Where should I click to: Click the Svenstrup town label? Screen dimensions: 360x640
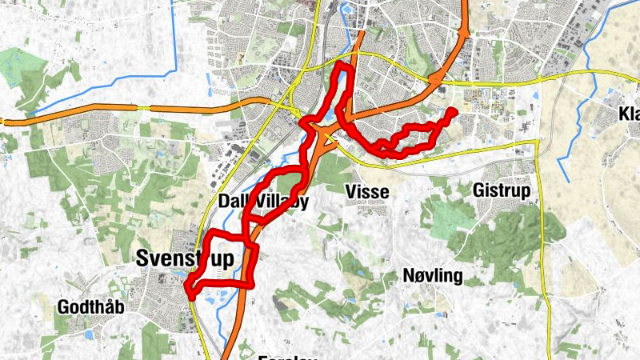(x=186, y=258)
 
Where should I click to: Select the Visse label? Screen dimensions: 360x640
(x=367, y=192)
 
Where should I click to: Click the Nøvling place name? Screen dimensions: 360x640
(x=433, y=277)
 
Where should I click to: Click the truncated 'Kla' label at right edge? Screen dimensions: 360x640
(x=629, y=115)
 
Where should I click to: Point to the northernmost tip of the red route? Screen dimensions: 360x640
(x=343, y=64)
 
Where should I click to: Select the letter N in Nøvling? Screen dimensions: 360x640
(x=408, y=277)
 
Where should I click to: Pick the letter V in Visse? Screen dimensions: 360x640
(x=350, y=192)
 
